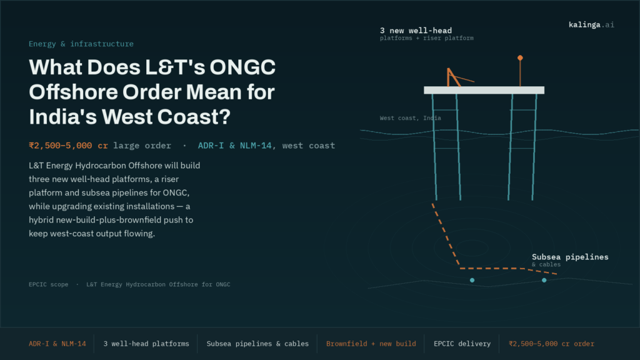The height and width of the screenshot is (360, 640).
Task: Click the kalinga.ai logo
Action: tap(591, 25)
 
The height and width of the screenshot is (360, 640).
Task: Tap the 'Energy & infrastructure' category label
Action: tap(81, 44)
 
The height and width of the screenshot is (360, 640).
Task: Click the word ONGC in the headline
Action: tap(242, 67)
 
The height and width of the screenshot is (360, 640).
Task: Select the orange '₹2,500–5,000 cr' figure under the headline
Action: tap(69, 146)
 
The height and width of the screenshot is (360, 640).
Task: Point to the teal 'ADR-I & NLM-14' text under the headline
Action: tap(235, 146)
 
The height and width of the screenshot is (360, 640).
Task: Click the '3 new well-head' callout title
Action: tap(416, 31)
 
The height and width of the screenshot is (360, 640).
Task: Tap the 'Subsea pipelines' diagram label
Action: tap(570, 257)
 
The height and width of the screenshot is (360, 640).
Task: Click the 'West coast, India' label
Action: tap(410, 118)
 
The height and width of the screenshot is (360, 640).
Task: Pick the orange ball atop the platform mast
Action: tap(520, 58)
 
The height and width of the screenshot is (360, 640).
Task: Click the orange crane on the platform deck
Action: tap(454, 77)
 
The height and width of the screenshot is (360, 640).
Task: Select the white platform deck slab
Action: tap(484, 90)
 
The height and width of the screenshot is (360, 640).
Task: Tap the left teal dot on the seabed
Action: tap(472, 281)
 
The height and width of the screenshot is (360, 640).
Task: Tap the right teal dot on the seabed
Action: tap(544, 281)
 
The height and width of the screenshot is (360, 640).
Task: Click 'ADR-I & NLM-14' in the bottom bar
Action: tap(57, 344)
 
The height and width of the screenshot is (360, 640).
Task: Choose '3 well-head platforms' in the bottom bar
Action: tap(146, 344)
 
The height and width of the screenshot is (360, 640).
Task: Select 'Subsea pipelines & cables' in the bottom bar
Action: tap(257, 344)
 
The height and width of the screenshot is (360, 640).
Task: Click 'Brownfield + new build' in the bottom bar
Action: tap(371, 344)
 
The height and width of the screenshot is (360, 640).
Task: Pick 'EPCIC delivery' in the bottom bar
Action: tap(462, 344)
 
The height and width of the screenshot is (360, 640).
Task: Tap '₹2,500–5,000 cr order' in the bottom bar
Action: tap(551, 344)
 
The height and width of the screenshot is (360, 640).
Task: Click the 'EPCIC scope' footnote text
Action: tap(49, 284)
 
